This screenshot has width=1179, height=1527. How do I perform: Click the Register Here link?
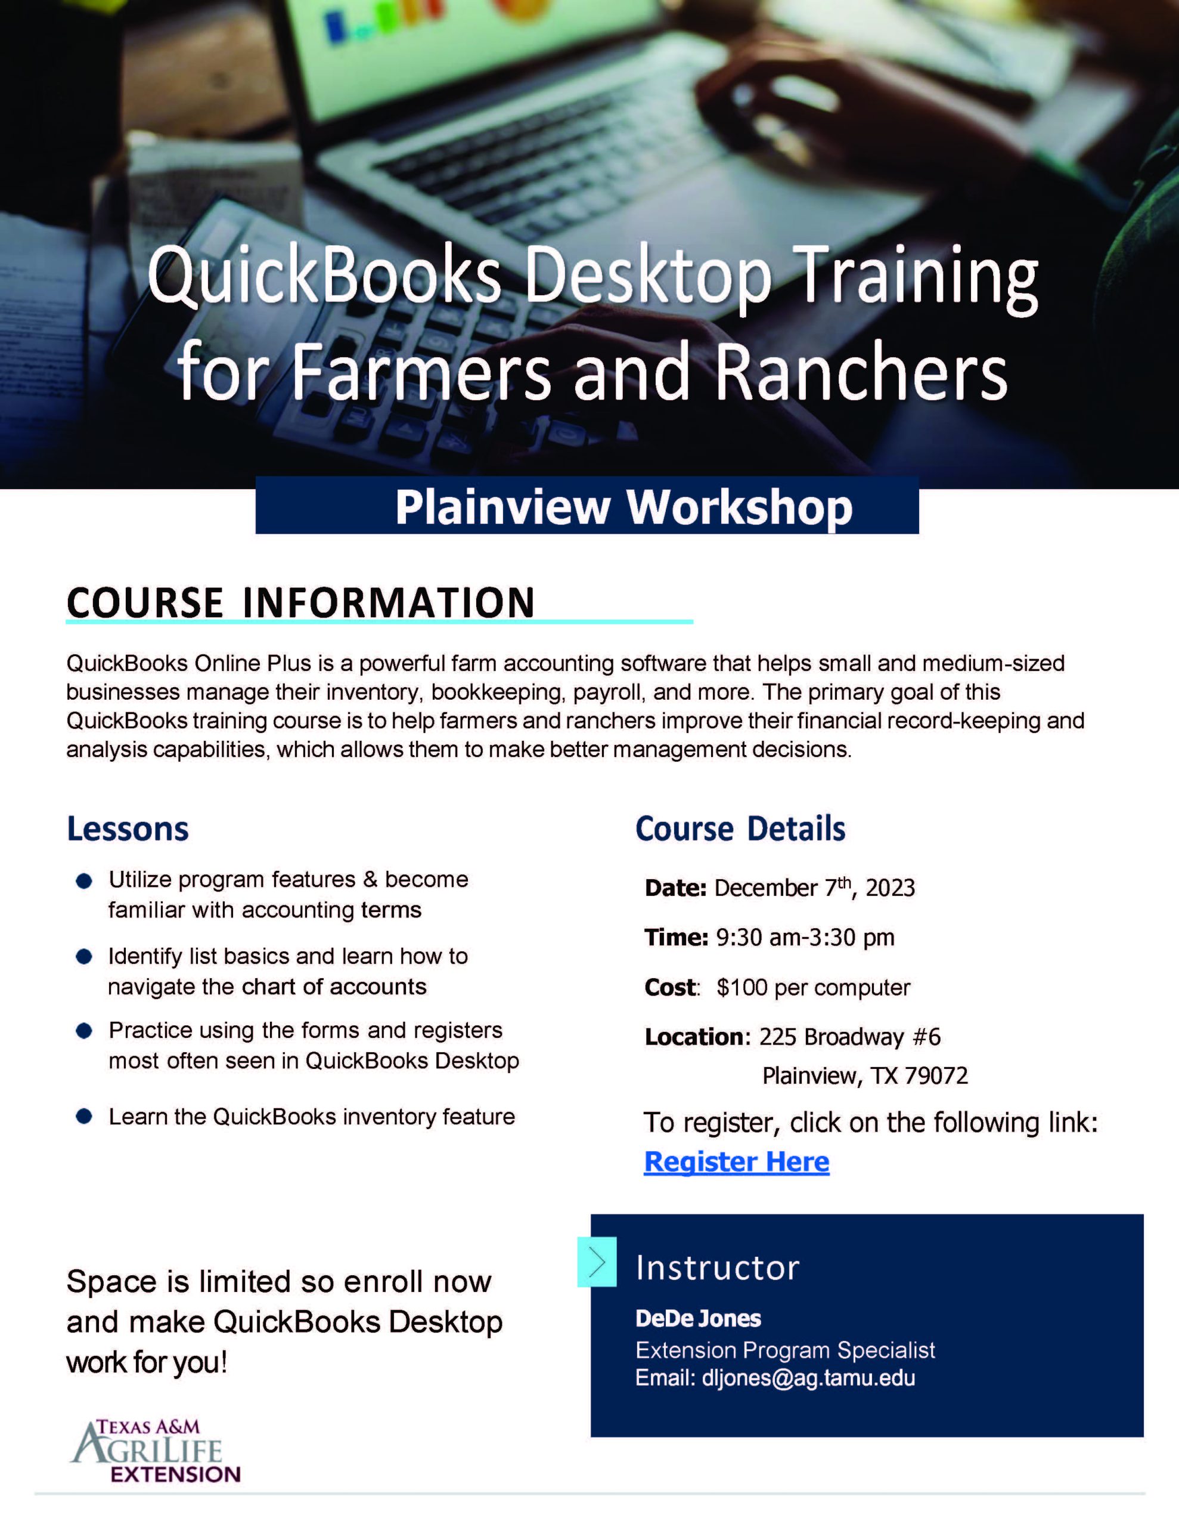click(737, 1161)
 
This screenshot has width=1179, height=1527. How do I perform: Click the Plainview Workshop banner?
click(587, 505)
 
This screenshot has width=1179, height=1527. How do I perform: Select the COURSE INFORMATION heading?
click(300, 602)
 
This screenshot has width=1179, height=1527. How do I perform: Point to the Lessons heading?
click(128, 829)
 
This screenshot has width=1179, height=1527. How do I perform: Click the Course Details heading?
click(740, 829)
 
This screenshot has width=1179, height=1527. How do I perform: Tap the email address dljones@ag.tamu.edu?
click(809, 1377)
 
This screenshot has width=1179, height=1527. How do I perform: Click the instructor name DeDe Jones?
click(698, 1319)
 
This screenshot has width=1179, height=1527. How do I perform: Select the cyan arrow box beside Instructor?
click(597, 1262)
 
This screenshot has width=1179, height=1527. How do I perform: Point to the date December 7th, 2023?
click(814, 887)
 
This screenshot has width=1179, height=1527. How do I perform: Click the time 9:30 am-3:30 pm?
click(805, 938)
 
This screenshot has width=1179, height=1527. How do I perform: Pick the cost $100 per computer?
click(814, 987)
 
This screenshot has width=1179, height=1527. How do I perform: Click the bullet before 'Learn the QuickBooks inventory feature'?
click(84, 1117)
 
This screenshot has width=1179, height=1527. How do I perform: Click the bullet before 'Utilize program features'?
click(84, 881)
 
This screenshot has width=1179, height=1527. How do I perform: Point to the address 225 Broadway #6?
click(850, 1037)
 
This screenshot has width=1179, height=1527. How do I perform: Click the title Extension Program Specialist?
click(785, 1349)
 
